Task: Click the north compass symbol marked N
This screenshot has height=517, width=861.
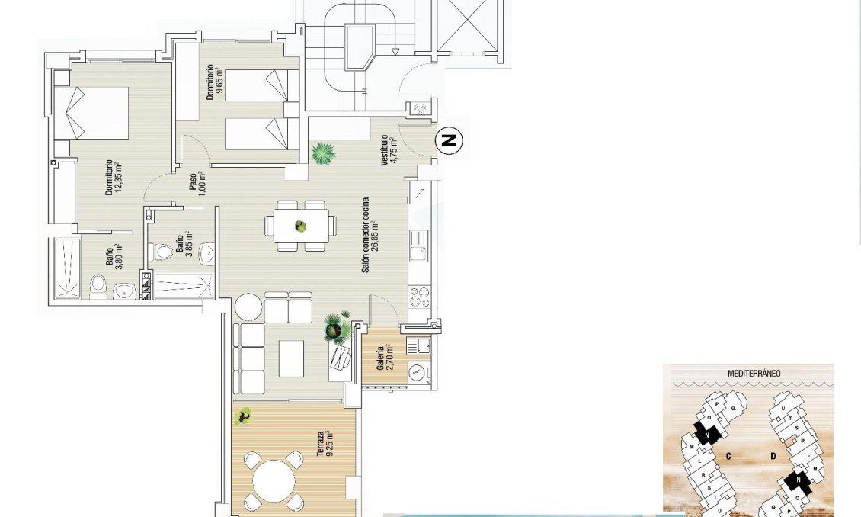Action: pos(450,140)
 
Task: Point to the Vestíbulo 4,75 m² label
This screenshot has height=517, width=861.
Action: pos(389,150)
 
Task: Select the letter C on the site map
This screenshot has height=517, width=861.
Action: pos(728,457)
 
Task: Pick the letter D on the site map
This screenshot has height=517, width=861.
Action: pos(773,457)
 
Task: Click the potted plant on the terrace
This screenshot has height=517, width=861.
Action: pos(244,416)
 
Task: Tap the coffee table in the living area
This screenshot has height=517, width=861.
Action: pos(290,358)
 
